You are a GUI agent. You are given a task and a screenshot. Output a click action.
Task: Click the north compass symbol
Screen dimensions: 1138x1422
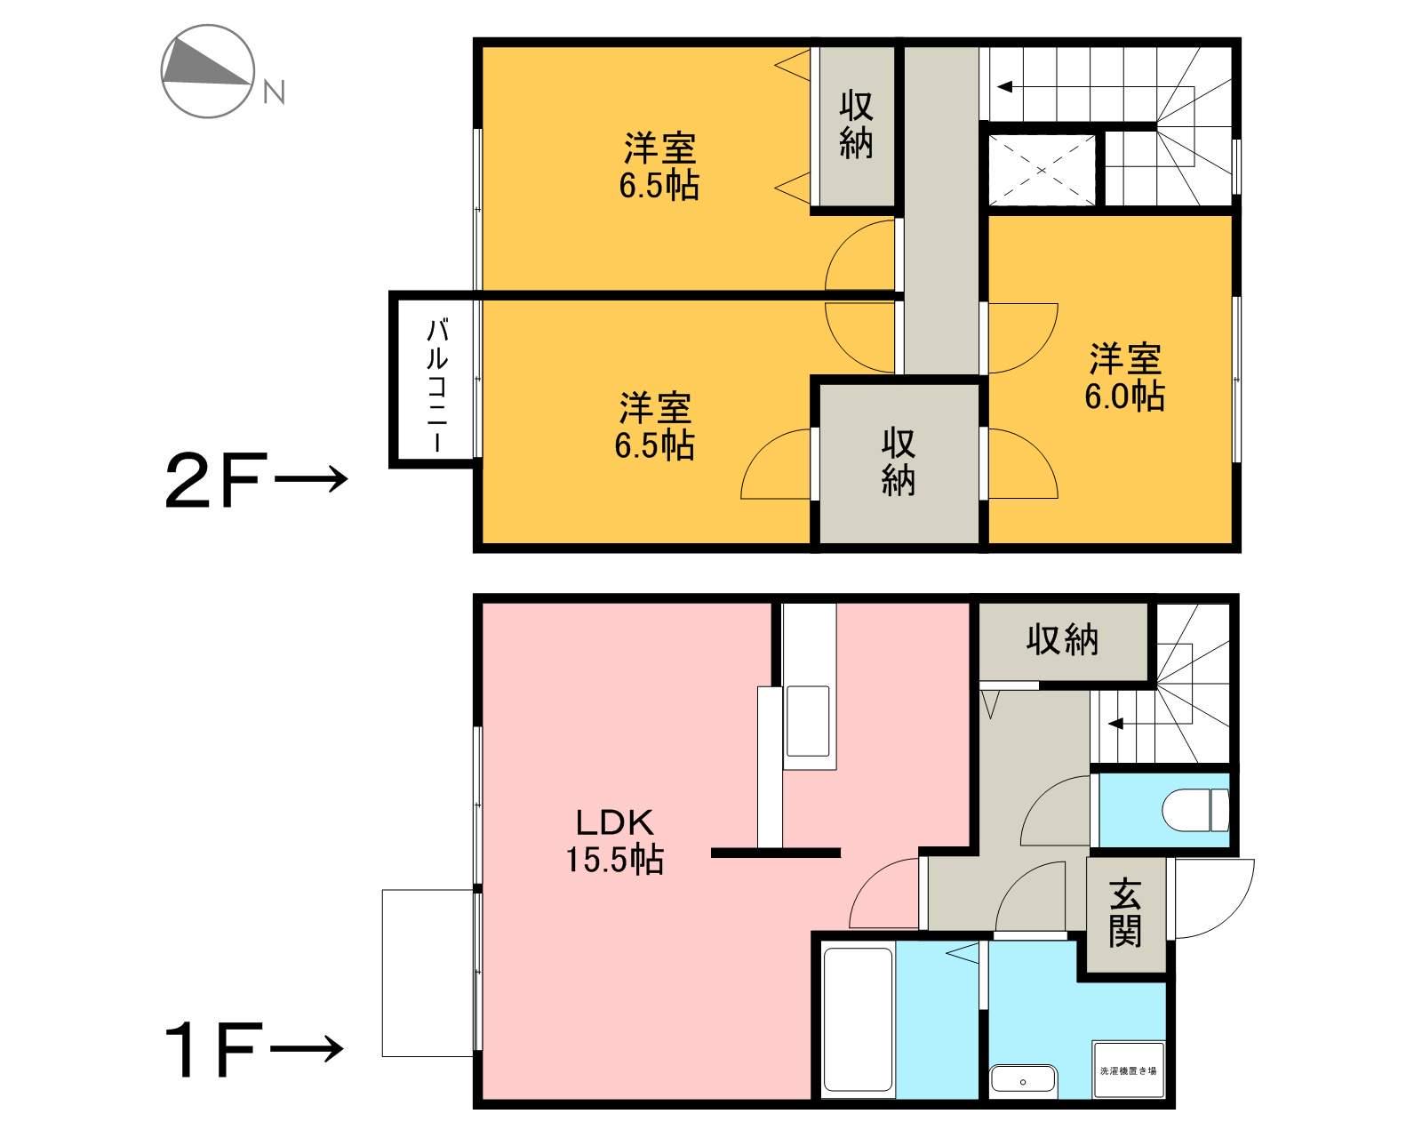[208, 72]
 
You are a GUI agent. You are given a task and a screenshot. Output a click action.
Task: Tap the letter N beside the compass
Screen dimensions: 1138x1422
[275, 92]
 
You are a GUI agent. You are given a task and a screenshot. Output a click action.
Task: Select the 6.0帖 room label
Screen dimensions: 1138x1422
[1124, 378]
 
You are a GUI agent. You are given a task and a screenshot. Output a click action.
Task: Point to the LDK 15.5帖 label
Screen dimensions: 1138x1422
[615, 840]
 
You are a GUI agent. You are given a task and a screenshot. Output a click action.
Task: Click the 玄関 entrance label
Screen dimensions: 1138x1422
[1125, 913]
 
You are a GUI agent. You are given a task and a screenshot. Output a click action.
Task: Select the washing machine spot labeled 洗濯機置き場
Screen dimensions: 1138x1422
[1128, 1070]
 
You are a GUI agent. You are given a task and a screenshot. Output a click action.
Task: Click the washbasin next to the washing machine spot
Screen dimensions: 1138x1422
[1023, 1081]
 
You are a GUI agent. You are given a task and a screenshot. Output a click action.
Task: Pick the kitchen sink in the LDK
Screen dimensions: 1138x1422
[807, 721]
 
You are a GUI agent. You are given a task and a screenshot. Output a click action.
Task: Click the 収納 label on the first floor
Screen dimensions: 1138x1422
[1063, 639]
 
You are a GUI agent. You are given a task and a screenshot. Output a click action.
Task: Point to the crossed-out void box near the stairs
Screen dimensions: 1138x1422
[1042, 170]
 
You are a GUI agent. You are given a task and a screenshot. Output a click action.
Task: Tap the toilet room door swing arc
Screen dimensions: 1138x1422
[1055, 811]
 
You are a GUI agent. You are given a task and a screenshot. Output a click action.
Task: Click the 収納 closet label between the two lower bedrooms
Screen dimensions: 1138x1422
[899, 462]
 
